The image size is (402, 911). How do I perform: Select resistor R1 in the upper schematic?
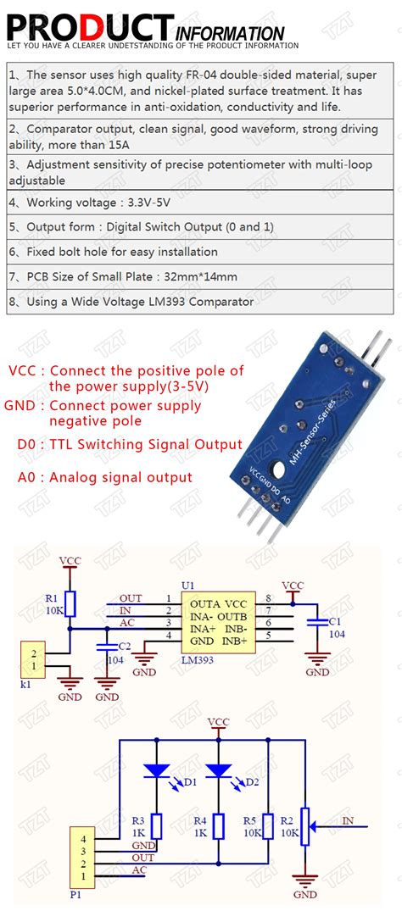[70, 603]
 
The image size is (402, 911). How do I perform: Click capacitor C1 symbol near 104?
[317, 621]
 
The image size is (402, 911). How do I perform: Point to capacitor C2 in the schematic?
[108, 646]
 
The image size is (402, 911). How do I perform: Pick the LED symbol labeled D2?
[219, 770]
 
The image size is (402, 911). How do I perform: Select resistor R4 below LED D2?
[219, 825]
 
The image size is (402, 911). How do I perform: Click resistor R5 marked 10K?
[268, 825]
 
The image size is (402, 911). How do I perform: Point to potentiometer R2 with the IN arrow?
[306, 821]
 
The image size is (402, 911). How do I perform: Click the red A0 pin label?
[27, 477]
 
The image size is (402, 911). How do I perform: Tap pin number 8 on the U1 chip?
[268, 598]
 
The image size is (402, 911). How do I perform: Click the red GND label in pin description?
[21, 405]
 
